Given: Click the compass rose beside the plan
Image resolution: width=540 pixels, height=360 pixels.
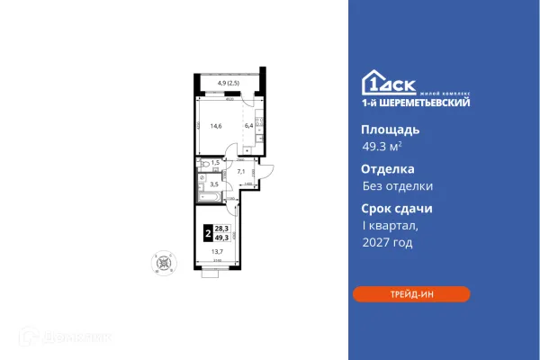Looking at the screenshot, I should coord(164,261).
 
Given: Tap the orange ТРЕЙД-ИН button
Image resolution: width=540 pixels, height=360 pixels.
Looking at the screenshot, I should coord(411,293).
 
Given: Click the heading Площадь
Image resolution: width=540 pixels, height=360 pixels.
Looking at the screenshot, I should coord(383,129).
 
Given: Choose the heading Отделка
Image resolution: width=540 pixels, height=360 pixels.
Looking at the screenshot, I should coord(382,168).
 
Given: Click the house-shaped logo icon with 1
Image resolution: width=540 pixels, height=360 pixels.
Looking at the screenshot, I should coord(371,80).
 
